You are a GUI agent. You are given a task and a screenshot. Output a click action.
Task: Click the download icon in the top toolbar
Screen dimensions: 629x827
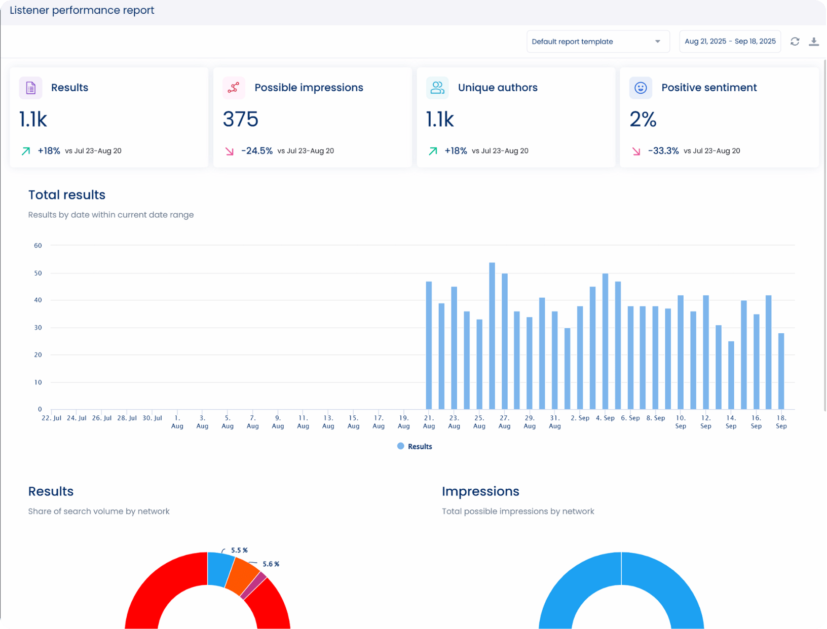[813, 42]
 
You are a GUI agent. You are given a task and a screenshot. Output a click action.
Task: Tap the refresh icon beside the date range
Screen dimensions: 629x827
[795, 42]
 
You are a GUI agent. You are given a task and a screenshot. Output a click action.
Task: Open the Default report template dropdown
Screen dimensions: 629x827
[597, 42]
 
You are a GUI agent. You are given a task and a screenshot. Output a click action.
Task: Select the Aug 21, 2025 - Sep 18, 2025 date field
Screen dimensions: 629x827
[730, 42]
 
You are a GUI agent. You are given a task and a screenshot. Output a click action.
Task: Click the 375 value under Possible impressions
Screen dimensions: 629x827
[241, 120]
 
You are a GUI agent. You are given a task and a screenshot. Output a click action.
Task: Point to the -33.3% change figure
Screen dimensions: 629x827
[663, 151]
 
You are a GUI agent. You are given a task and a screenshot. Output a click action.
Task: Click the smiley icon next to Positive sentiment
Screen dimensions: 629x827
[641, 88]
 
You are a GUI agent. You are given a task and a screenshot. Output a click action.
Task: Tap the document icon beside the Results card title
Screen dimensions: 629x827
[30, 88]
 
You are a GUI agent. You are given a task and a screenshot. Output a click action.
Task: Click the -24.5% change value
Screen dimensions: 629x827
[256, 151]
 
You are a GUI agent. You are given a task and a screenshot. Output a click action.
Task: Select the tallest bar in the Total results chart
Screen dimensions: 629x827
[492, 335]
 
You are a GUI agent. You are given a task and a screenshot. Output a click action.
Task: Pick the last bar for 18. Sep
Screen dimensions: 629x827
[781, 371]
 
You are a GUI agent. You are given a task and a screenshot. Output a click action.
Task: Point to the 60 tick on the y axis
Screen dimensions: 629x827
[38, 246]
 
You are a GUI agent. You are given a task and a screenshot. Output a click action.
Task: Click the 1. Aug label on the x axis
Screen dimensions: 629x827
[177, 422]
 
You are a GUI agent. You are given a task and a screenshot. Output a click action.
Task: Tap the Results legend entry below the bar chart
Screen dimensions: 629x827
[415, 446]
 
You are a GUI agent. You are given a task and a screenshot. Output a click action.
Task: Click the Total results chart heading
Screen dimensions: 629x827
[67, 195]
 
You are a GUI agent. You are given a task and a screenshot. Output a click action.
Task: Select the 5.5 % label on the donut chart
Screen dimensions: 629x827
[239, 550]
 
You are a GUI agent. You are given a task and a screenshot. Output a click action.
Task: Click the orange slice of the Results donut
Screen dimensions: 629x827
[241, 576]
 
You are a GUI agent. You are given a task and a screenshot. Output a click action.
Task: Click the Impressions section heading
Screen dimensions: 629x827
[480, 491]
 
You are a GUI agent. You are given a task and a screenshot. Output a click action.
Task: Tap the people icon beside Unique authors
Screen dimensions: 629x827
[437, 88]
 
